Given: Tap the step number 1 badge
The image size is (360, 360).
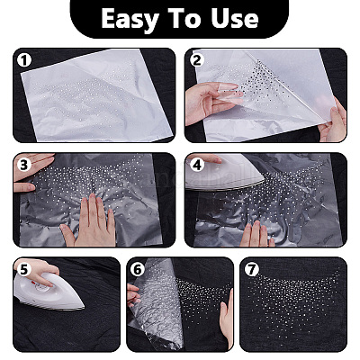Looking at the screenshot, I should pyautogui.click(x=25, y=60).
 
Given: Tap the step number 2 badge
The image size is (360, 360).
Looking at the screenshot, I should pyautogui.click(x=196, y=60).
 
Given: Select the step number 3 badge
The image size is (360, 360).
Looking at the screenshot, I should pyautogui.click(x=25, y=165).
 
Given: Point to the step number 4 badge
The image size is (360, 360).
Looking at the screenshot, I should pyautogui.click(x=196, y=165).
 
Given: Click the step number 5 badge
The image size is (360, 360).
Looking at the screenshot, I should pyautogui.click(x=25, y=268).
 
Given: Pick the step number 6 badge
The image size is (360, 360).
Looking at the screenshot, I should pyautogui.click(x=137, y=268).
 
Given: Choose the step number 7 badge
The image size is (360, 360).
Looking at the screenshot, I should pyautogui.click(x=251, y=268).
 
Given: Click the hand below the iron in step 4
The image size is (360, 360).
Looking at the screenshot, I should pyautogui.click(x=256, y=232).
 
